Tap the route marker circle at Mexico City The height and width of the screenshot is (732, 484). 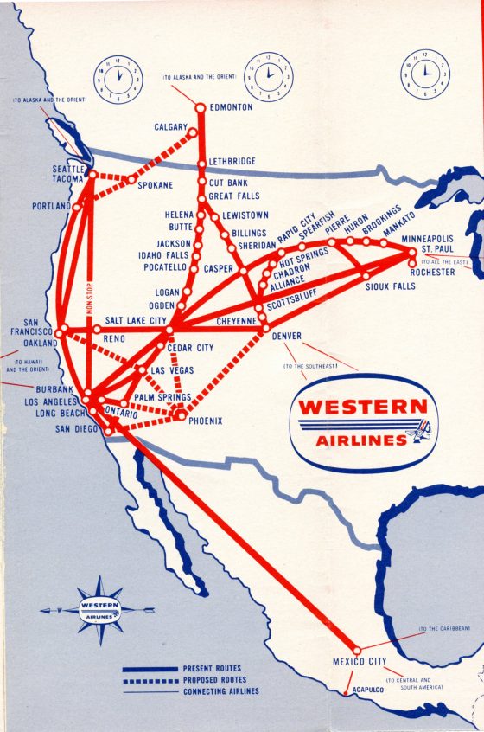click(356, 651)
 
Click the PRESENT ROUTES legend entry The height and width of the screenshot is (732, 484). click(211, 669)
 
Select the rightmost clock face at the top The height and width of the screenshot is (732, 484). click(424, 73)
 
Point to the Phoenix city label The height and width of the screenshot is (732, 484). click(205, 421)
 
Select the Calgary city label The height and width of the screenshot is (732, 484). click(171, 127)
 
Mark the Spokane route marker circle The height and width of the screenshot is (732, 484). click(131, 180)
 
